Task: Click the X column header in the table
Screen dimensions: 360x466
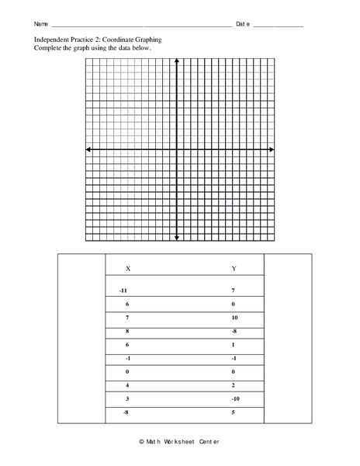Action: (x=128, y=269)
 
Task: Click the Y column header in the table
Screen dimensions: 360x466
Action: (x=234, y=269)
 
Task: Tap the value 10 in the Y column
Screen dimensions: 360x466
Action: (x=234, y=318)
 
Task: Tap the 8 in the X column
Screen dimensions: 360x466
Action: (x=126, y=332)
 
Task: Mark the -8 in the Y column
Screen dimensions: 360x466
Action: (x=234, y=332)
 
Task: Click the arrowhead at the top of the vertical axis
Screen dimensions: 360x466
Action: (x=178, y=61)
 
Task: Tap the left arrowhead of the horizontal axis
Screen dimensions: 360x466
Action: (x=88, y=149)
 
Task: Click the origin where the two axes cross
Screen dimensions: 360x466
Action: (x=178, y=149)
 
